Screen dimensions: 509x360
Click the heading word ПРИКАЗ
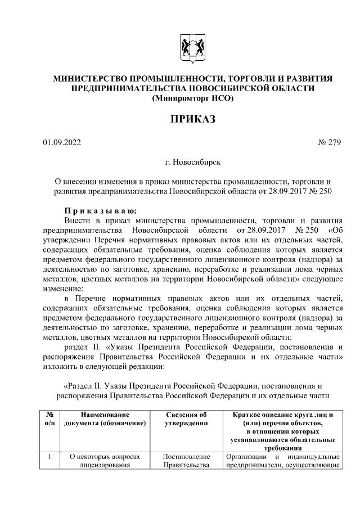tap(192, 119)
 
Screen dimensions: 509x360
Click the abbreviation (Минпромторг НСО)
tap(192, 98)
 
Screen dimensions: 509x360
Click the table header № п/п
tap(50, 418)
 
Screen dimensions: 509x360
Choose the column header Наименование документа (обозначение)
tap(105, 418)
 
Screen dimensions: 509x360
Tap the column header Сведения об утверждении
tap(186, 418)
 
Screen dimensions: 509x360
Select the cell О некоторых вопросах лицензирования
tap(105, 461)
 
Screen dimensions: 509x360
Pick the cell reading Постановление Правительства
tap(186, 461)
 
